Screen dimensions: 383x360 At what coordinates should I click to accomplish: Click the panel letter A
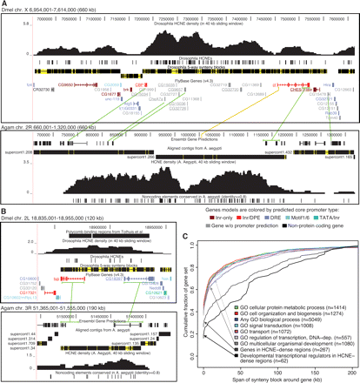(4, 4)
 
